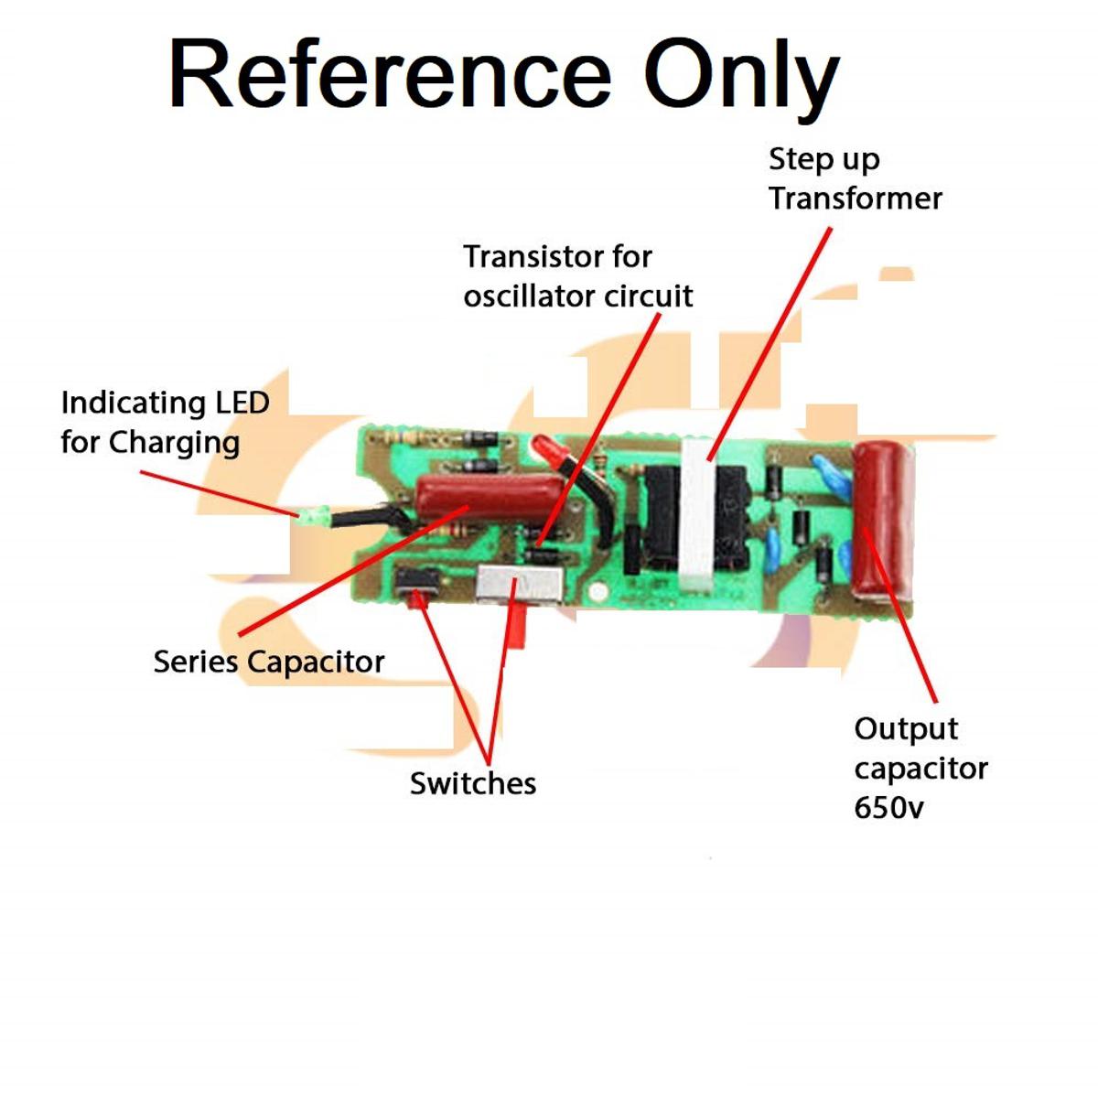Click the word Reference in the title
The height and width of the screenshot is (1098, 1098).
click(390, 75)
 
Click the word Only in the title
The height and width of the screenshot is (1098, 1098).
click(741, 75)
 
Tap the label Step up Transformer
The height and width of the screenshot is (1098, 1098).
click(855, 178)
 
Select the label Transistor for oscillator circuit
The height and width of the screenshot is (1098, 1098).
click(577, 275)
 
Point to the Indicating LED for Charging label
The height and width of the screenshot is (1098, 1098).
click(165, 422)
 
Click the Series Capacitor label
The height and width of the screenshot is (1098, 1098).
click(268, 662)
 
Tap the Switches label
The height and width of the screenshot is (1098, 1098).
click(472, 783)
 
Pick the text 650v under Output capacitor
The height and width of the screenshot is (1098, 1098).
click(888, 808)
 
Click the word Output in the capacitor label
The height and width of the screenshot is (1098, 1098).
click(906, 729)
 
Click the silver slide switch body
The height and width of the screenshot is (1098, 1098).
click(520, 586)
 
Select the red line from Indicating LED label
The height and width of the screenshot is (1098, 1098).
click(220, 494)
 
